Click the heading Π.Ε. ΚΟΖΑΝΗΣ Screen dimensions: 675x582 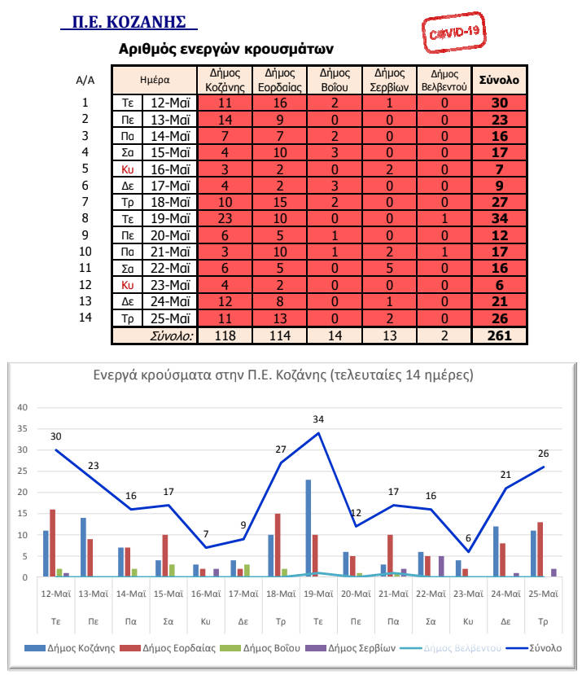pos(129,20)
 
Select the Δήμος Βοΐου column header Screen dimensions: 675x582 pos(335,80)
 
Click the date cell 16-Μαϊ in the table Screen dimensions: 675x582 pos(170,169)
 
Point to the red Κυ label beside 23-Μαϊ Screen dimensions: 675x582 pos(127,286)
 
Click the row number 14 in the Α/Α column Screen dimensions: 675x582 pos(85,318)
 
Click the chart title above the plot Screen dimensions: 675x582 pos(294,376)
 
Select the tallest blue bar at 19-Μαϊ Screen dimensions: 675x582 pos(309,528)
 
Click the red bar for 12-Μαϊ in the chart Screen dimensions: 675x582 pos(52,543)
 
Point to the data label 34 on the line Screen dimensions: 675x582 pos(318,420)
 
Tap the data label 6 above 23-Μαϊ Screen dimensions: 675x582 pos(468,539)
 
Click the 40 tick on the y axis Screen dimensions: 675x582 pos(23,408)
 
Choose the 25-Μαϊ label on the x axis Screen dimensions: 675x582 pos(543,594)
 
